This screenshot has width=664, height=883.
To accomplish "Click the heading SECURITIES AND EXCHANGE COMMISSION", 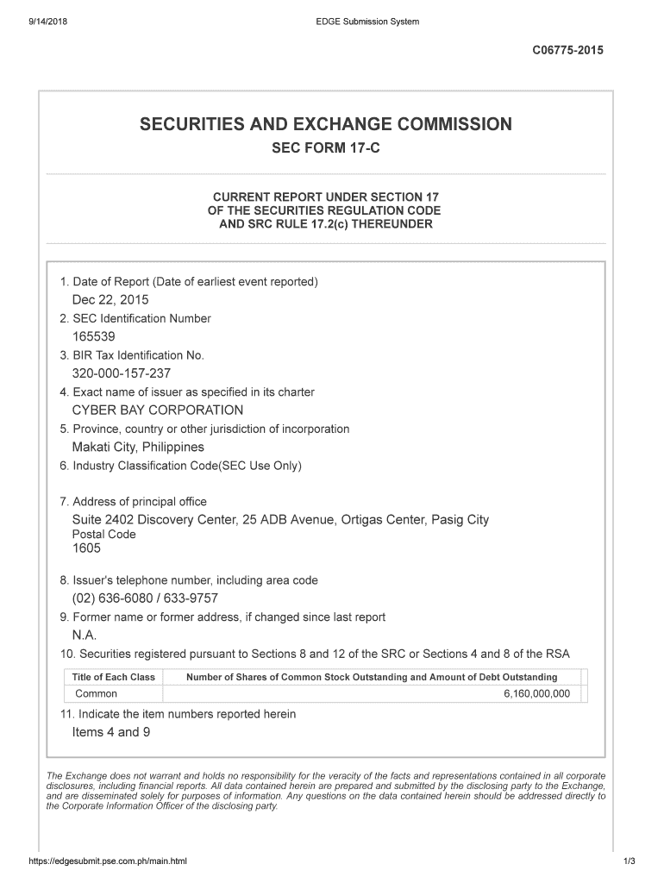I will point(325,124).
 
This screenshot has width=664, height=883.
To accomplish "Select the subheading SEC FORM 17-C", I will point(325,149).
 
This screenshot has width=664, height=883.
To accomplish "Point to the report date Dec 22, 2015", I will point(110,300).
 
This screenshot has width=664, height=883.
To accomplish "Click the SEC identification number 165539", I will point(93,337).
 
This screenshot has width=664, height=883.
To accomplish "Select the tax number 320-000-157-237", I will point(121,374).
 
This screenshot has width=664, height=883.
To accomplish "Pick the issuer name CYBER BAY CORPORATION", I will point(158,410).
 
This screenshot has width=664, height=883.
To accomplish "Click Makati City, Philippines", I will point(138,448).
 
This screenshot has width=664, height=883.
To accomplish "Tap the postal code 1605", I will point(86,548).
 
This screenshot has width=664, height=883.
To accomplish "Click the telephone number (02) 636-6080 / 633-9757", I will point(145,598).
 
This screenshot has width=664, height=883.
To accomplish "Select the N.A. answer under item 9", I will point(85,636).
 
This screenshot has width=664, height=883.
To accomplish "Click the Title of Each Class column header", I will point(114,677).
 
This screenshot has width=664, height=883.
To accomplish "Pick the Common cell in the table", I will point(97,694).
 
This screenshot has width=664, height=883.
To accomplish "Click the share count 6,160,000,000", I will point(536,694).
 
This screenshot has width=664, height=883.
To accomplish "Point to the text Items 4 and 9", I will point(105,732).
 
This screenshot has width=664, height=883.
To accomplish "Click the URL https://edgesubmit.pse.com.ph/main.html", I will point(108,861).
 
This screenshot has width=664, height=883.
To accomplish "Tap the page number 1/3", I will point(629,861).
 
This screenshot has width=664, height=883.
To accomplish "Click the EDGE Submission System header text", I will point(367,22).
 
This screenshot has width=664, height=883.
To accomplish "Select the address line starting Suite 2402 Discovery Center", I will point(280,520).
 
